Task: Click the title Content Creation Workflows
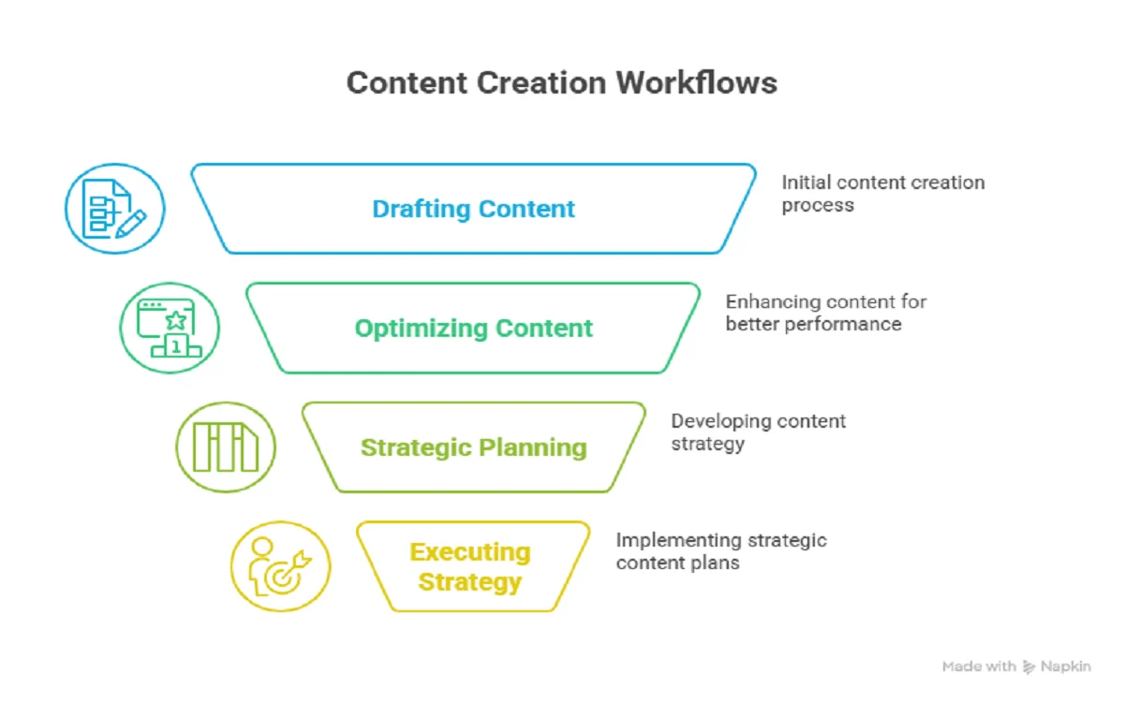[x=562, y=82]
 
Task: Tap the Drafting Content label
[x=473, y=209]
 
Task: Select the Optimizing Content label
[x=473, y=329]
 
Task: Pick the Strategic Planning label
[x=473, y=447]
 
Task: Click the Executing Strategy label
[x=470, y=567]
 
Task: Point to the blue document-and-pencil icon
[x=114, y=209]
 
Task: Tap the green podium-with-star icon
[x=170, y=329]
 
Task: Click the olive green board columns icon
[x=226, y=447]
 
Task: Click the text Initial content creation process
[x=882, y=194]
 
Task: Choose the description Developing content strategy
[x=758, y=432]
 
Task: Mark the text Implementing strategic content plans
[x=720, y=552]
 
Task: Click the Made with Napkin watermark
[x=1015, y=666]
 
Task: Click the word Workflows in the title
[x=696, y=82]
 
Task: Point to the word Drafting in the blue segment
[x=418, y=209]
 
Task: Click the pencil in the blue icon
[x=131, y=222]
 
